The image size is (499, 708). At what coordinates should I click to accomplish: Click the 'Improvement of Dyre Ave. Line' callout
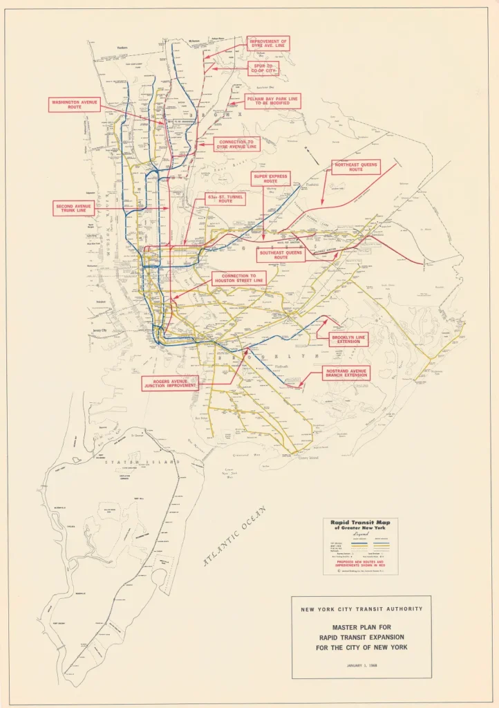268,44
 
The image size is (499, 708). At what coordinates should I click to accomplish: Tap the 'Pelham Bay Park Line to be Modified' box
272,102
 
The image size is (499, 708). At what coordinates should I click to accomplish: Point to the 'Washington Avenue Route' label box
75,105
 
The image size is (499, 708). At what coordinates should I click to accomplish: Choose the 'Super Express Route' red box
270,178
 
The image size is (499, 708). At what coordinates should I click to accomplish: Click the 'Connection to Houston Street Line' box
238,279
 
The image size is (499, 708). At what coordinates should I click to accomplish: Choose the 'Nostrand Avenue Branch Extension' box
346,373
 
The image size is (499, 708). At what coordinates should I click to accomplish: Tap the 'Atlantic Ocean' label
236,537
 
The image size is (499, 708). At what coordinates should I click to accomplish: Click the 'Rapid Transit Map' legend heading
360,524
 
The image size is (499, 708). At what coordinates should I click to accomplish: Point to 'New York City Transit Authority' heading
361,609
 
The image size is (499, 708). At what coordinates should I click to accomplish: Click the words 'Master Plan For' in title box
361,627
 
